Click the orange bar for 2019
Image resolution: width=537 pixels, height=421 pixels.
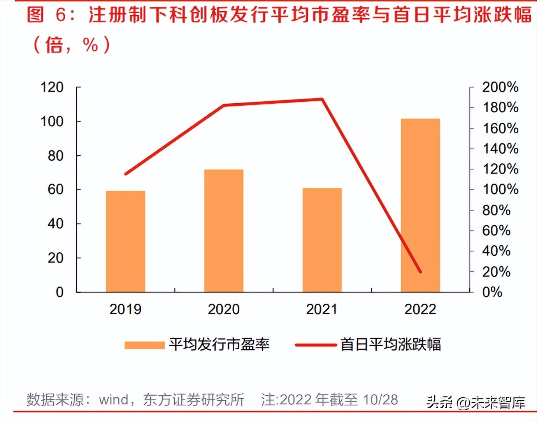point(125,241)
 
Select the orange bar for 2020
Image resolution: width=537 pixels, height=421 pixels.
point(224,230)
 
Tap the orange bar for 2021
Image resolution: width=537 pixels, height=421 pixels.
point(322,240)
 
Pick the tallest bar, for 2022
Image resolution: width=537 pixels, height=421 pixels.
point(420,205)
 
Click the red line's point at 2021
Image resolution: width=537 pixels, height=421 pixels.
point(322,99)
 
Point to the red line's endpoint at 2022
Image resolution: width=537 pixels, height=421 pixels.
point(420,272)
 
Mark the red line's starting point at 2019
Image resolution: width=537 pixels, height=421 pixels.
point(125,174)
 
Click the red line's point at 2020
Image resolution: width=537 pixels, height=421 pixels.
point(224,105)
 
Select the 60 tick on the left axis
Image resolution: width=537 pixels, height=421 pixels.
point(55,189)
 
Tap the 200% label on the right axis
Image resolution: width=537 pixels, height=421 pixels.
point(500,87)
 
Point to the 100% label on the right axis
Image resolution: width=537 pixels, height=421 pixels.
point(500,189)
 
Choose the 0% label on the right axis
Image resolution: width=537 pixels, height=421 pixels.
point(492,292)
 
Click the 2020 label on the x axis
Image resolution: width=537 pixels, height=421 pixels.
point(224,309)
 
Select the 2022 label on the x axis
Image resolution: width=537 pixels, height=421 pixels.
point(420,309)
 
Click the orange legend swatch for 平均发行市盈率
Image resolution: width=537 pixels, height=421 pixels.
point(144,345)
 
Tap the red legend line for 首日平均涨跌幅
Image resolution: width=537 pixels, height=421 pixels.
point(316,345)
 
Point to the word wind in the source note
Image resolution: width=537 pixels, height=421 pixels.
point(114,400)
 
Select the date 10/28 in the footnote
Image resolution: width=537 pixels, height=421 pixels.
point(380,400)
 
